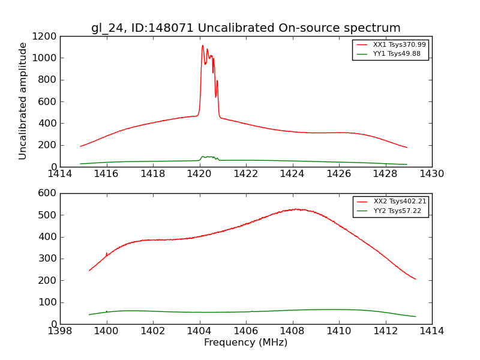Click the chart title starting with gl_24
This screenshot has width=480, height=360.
pyautogui.click(x=246, y=28)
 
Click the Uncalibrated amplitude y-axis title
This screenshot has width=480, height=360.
pyautogui.click(x=23, y=101)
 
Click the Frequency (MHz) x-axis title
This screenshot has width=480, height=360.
pyautogui.click(x=246, y=343)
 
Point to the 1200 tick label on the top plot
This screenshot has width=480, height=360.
pyautogui.click(x=46, y=36)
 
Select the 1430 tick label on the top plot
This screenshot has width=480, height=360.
pyautogui.click(x=431, y=174)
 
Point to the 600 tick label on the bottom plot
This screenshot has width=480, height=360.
pyautogui.click(x=49, y=193)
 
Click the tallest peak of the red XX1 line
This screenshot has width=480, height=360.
pyautogui.click(x=203, y=46)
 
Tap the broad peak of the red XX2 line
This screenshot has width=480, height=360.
pyautogui.click(x=296, y=209)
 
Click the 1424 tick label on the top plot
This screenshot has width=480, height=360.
pyautogui.click(x=292, y=174)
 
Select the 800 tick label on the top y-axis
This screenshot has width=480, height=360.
pyautogui.click(x=49, y=80)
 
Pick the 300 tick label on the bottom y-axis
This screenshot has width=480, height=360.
pyautogui.click(x=49, y=259)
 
